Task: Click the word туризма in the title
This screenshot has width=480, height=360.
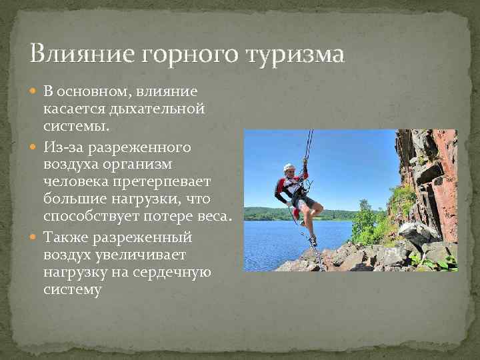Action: coord(296,53)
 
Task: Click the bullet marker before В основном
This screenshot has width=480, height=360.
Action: coord(35,91)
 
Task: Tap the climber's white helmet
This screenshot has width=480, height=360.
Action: coord(289,167)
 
